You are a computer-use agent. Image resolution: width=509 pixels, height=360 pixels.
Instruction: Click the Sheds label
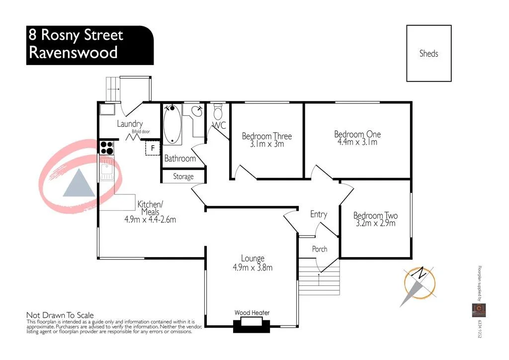[x=428, y=53]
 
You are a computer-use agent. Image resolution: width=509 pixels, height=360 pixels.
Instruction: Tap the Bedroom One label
[x=357, y=134]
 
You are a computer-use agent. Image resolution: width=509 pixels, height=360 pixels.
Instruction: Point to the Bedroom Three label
[x=266, y=136]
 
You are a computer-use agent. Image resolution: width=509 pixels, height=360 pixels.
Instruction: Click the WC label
[x=219, y=125]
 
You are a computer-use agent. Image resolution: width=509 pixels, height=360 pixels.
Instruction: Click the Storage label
[x=183, y=177]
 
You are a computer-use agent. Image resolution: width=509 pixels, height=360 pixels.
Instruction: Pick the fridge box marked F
[x=153, y=148]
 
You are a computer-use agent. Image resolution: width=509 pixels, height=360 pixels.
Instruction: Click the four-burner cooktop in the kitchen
[x=107, y=147]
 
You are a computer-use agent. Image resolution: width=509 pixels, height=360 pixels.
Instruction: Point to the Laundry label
[x=130, y=124]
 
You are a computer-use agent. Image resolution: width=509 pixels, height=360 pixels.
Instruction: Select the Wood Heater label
[x=252, y=313]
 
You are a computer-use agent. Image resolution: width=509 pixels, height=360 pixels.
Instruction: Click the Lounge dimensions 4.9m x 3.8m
[x=252, y=268]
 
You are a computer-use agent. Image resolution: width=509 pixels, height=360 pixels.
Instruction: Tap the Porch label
[x=320, y=249]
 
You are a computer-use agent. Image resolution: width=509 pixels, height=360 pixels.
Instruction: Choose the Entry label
[x=318, y=214]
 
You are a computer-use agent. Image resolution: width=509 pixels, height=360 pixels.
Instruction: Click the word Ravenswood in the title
[x=74, y=52]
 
